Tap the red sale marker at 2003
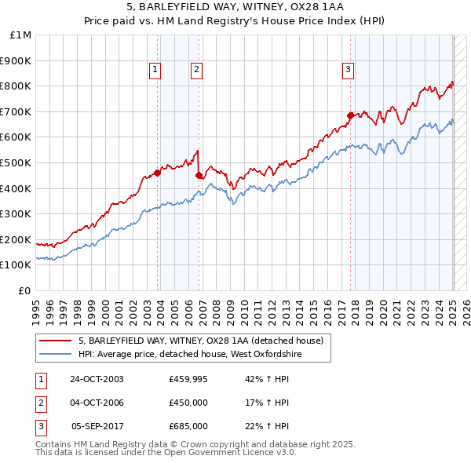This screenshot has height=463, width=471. [x=158, y=173]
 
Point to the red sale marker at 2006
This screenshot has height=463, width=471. [x=199, y=175]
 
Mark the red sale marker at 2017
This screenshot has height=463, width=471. [x=350, y=115]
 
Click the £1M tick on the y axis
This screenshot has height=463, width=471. [x=21, y=35]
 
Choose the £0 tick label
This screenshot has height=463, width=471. [x=24, y=290]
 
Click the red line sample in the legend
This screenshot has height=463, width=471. [x=56, y=341]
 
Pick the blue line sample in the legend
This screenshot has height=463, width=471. [x=56, y=355]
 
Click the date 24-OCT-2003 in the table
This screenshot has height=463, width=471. [x=97, y=379]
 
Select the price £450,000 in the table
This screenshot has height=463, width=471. [x=188, y=403]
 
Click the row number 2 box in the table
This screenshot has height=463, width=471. [x=40, y=403]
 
